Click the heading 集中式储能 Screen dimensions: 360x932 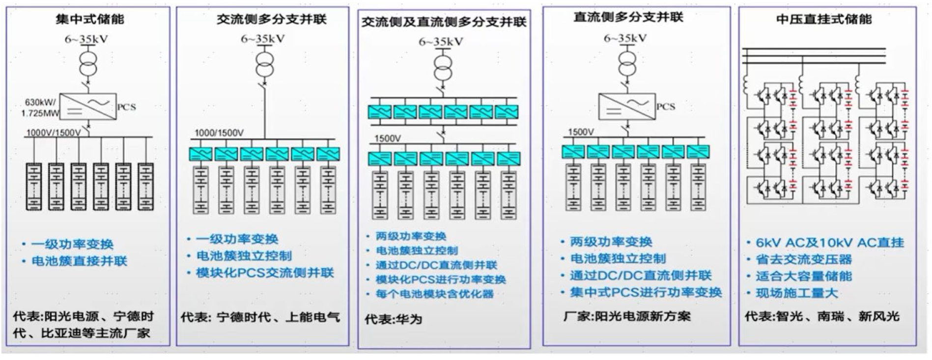(x=89, y=20)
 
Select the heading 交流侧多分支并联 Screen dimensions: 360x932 (x=271, y=20)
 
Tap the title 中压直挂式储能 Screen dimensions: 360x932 (x=823, y=20)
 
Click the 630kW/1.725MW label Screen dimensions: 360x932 (x=40, y=108)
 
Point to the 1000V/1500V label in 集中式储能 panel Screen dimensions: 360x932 (x=53, y=133)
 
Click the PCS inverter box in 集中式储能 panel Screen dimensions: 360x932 (x=88, y=107)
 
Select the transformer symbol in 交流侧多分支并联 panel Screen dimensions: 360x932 (x=264, y=64)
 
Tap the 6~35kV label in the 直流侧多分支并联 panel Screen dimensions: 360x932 (x=625, y=38)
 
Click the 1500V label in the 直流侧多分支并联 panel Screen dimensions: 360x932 (x=581, y=132)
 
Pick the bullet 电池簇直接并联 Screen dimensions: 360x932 (x=79, y=261)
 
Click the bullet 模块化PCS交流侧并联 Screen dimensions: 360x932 (x=264, y=273)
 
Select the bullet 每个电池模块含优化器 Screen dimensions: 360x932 (x=434, y=294)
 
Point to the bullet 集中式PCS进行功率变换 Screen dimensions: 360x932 (x=646, y=293)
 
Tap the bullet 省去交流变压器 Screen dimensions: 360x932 (x=803, y=259)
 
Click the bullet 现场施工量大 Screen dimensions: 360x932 (x=796, y=293)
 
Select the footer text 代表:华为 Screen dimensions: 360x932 (x=393, y=319)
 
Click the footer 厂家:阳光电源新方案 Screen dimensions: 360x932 (x=627, y=316)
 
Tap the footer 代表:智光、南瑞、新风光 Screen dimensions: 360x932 (x=821, y=316)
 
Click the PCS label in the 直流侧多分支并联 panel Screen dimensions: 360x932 (x=666, y=107)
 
